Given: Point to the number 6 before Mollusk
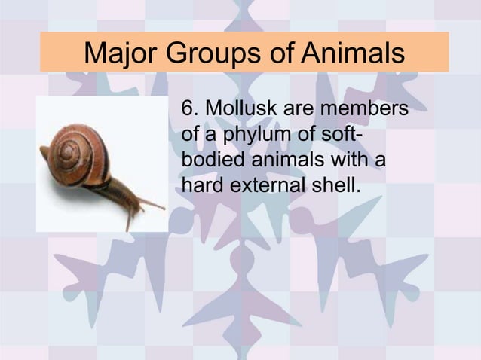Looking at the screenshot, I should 188,111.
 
